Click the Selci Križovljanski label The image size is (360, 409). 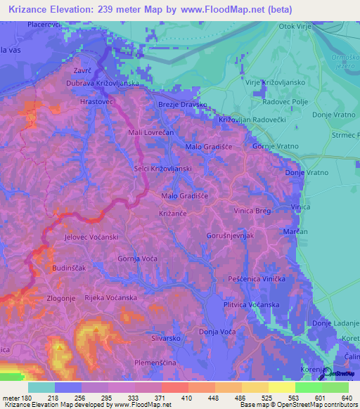[x=162, y=169]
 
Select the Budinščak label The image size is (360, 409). [x=68, y=268]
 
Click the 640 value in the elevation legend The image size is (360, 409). [x=346, y=398]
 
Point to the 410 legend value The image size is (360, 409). [x=186, y=398]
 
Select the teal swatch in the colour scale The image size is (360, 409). [x=41, y=387]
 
